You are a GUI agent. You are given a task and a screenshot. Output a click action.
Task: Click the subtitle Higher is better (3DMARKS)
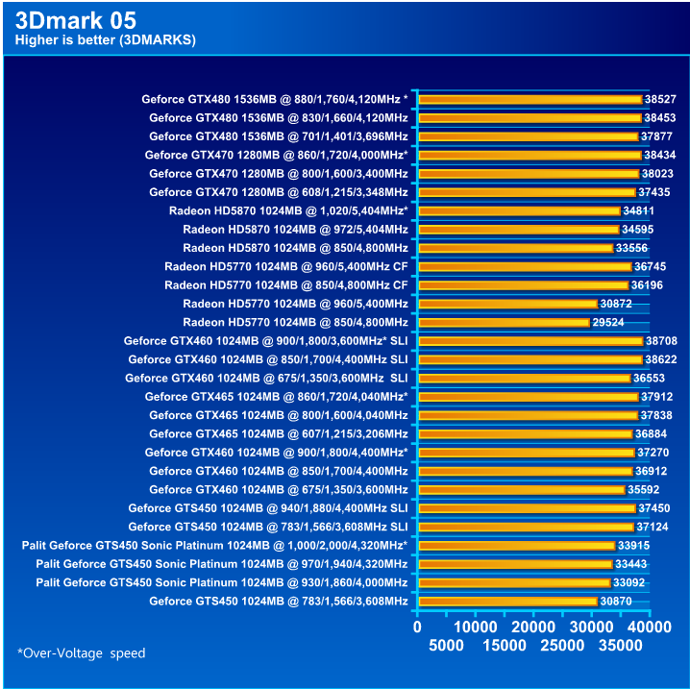point(106,40)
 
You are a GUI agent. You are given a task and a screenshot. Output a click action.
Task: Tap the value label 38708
point(661,341)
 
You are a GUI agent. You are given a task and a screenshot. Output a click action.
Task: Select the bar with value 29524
point(504,322)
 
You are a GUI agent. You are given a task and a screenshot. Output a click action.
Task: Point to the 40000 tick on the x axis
point(650,627)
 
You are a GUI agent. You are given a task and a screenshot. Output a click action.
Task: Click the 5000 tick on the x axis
point(447,646)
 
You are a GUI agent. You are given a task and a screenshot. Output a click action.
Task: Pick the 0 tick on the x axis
point(417,627)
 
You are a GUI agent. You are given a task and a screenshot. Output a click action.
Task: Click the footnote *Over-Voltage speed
point(82,653)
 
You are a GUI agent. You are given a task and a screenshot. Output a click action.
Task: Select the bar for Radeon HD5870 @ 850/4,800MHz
point(515,248)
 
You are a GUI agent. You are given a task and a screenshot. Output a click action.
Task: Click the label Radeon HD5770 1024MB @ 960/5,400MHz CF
point(286,266)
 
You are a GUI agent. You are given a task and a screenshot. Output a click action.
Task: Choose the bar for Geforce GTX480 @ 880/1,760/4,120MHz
point(530,99)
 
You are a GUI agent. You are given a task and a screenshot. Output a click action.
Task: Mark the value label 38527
point(661,99)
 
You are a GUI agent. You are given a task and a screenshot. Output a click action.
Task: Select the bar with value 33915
point(516,546)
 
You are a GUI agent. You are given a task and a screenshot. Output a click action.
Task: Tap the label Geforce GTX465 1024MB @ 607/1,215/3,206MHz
point(279,433)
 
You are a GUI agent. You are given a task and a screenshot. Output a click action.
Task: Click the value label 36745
point(650,266)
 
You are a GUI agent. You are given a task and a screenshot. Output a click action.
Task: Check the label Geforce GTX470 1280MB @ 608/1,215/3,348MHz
point(279,192)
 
